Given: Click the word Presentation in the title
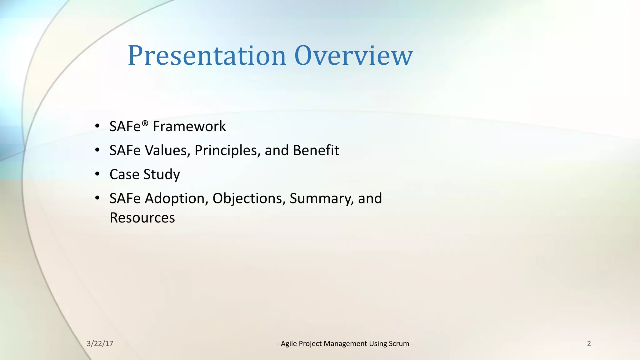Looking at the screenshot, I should coord(207,56).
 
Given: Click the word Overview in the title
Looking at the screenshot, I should coord(353,56).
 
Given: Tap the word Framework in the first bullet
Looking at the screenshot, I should coord(189,127).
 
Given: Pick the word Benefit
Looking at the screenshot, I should coord(316,150).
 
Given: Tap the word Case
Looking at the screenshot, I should coord(124,174).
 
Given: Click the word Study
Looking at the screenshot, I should coord(162,174).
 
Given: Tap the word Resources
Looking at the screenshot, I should coord(142,218).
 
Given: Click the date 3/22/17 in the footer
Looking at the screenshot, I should coord(100,344).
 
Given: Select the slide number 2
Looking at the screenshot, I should coord(589,344).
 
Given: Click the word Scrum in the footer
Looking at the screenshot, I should coord(399,344).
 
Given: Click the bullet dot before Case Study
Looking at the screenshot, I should coord(97,174).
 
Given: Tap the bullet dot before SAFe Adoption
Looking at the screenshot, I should coord(97,198).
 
